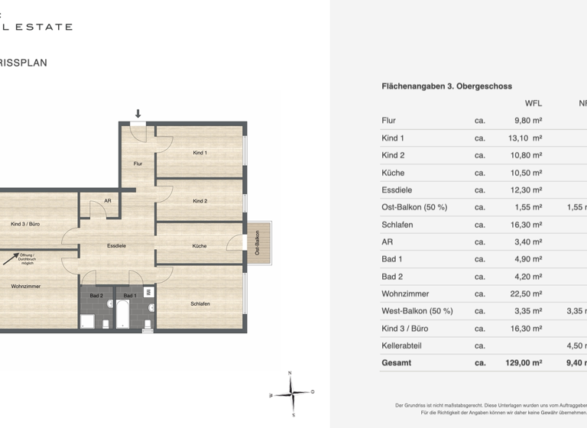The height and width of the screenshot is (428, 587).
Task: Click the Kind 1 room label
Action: pyautogui.click(x=199, y=153)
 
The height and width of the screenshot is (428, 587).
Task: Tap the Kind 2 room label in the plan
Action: pyautogui.click(x=199, y=201)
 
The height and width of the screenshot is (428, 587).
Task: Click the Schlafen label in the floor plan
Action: pyautogui.click(x=200, y=303)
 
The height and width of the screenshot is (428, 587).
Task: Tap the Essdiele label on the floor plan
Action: pyautogui.click(x=116, y=246)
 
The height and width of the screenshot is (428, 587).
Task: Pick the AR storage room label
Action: pyautogui.click(x=108, y=201)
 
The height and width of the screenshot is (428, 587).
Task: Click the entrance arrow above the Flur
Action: pyautogui.click(x=138, y=114)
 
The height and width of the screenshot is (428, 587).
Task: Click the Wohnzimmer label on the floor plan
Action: pyautogui.click(x=25, y=286)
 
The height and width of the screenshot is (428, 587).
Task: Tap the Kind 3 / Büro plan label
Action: pyautogui.click(x=25, y=224)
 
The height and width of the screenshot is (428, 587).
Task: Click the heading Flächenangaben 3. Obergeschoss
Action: pyautogui.click(x=446, y=86)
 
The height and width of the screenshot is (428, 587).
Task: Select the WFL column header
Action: pyautogui.click(x=533, y=103)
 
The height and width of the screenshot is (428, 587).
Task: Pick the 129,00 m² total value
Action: pyautogui.click(x=523, y=363)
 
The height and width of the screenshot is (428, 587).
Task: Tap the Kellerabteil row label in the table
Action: pyautogui.click(x=401, y=345)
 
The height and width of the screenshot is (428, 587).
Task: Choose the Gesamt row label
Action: pyautogui.click(x=396, y=363)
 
